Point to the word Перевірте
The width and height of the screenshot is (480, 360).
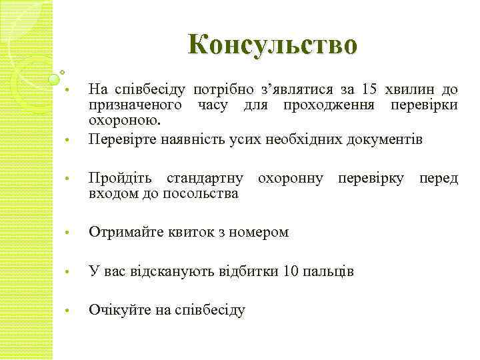pyautogui.click(x=117, y=139)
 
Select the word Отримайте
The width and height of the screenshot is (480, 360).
pyautogui.click(x=123, y=233)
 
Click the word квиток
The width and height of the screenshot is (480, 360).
pyautogui.click(x=187, y=233)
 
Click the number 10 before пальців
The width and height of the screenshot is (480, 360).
pyautogui.click(x=291, y=271)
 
